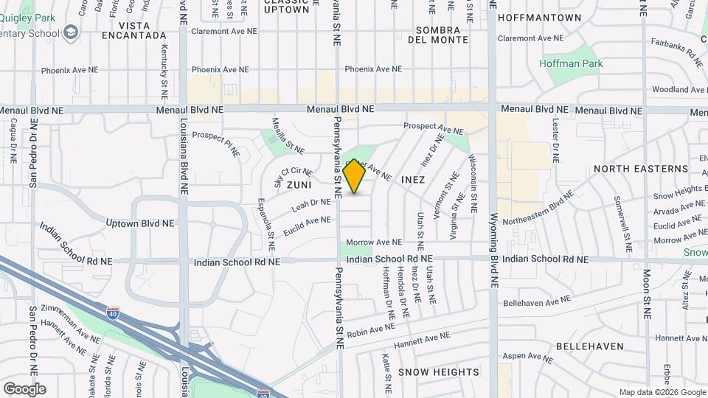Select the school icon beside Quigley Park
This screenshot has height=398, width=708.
[70, 32]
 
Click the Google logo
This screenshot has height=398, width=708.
[24, 388]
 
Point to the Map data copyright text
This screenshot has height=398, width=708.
[662, 392]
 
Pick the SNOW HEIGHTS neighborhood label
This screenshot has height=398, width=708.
[439, 372]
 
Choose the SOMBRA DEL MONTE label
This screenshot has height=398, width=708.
[442, 35]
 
